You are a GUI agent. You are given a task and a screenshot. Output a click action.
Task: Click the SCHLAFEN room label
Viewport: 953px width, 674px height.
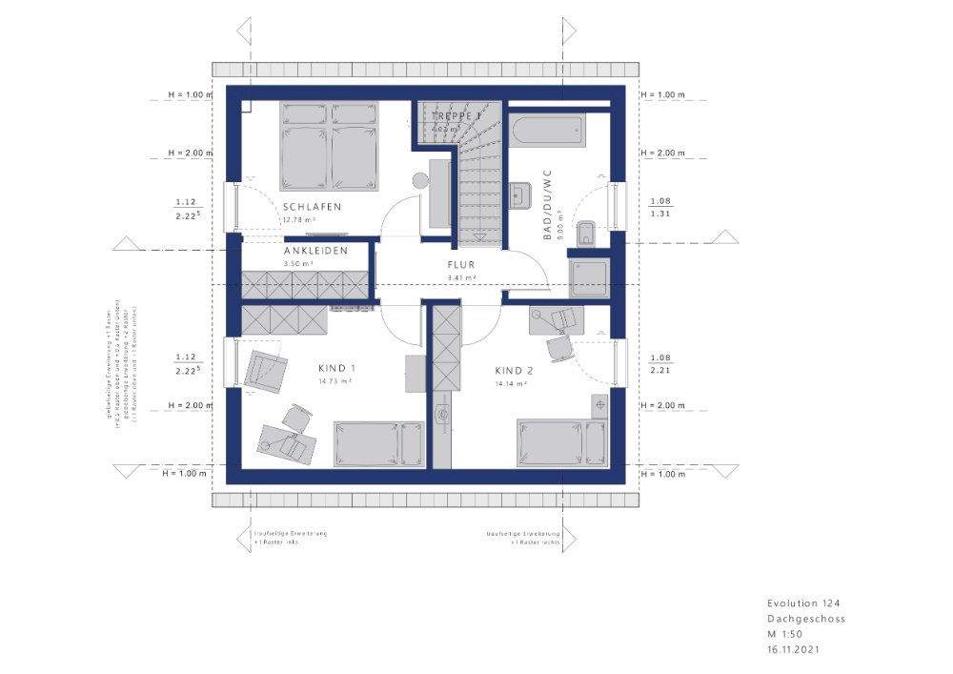312,207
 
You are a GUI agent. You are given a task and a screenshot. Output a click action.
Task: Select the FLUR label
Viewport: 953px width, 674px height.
461,266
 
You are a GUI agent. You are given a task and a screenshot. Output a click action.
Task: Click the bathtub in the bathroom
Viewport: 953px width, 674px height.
547,133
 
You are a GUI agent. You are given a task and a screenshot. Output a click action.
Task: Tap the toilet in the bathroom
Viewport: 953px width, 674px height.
587,232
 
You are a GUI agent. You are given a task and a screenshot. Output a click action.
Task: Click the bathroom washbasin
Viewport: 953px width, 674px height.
520,195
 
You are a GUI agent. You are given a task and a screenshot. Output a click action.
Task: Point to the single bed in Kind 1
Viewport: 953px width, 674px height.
377,444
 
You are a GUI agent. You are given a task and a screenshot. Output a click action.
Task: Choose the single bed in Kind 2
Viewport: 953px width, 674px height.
561,443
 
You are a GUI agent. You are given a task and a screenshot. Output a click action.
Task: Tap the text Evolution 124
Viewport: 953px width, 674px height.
803,603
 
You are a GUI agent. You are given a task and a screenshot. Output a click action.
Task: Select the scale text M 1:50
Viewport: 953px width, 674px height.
785,634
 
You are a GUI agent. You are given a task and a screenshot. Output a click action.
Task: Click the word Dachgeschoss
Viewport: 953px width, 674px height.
806,619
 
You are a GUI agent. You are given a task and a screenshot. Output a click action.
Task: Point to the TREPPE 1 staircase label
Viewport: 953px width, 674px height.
456,116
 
